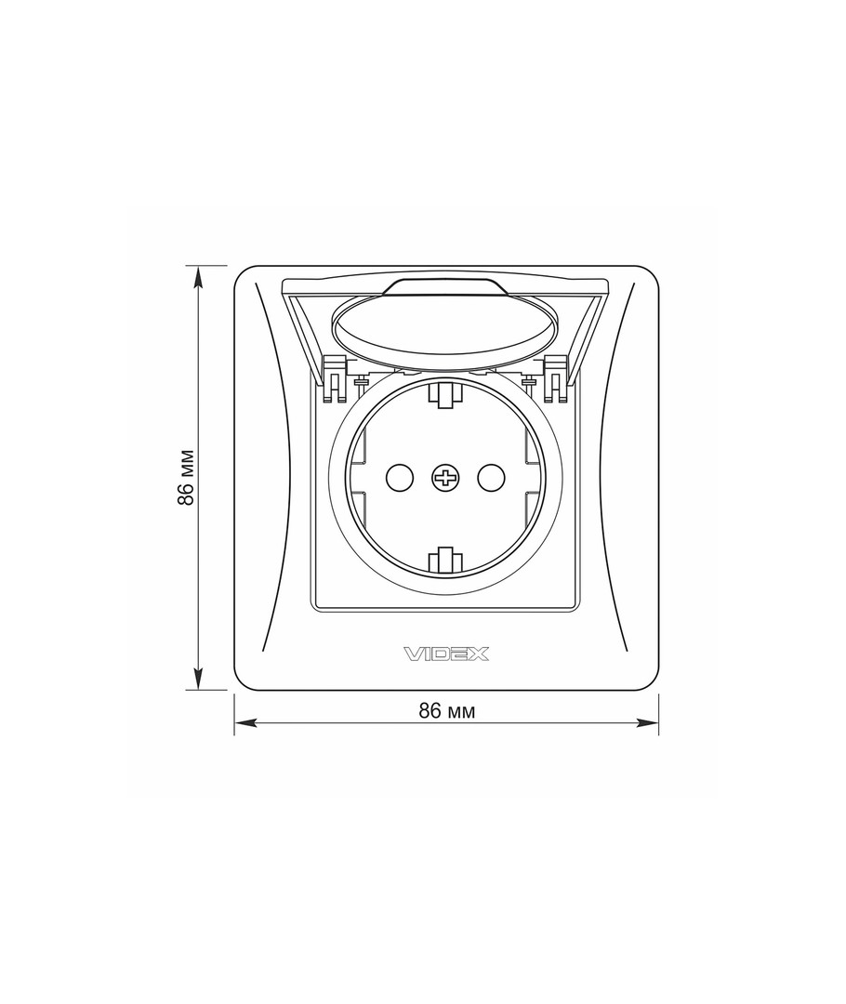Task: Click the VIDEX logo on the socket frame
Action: [x=446, y=654]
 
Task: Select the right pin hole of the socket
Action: [x=491, y=477]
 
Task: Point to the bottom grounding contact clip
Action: [x=445, y=559]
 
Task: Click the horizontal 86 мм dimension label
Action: [x=447, y=711]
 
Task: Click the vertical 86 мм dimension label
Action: [x=186, y=478]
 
